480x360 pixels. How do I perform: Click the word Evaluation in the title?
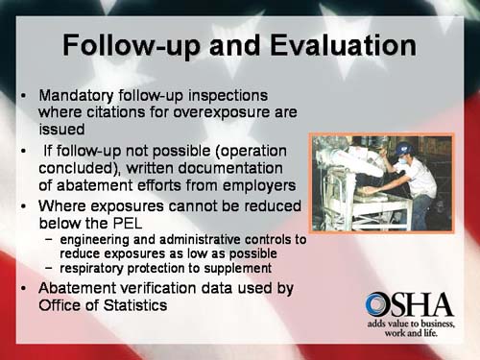pos(329,45)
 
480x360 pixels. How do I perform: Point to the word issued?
pos(62,129)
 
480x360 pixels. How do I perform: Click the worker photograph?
pos(381,182)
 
